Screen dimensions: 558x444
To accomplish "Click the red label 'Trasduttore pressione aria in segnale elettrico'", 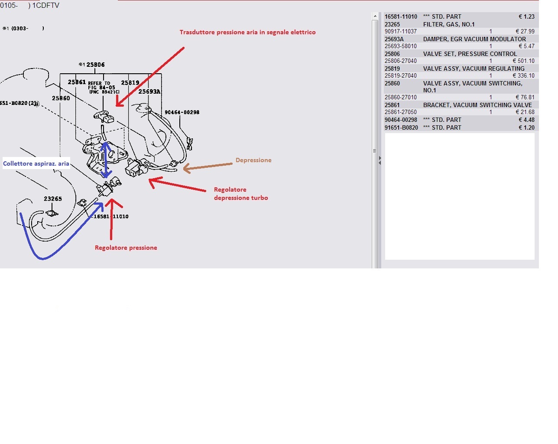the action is (x=247, y=32).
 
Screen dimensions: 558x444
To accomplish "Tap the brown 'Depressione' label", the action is (x=253, y=160).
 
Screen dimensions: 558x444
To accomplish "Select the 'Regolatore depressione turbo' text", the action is (x=241, y=193).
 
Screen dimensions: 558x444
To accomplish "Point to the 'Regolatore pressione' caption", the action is (x=126, y=248).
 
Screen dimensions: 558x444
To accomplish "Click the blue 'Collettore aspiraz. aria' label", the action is (x=36, y=163).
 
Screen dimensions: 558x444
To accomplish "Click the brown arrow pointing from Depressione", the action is (x=208, y=166).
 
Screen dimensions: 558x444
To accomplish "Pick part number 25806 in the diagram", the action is (x=95, y=65).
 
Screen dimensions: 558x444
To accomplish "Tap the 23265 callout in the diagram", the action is (x=52, y=199).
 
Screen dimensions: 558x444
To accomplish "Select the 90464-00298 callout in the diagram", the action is (x=182, y=112).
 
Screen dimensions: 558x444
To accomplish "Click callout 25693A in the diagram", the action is (x=149, y=91).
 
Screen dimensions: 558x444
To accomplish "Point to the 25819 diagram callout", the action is (x=130, y=82).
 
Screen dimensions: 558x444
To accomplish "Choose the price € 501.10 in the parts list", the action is (x=523, y=61).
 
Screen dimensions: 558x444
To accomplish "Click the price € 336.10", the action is (x=523, y=75).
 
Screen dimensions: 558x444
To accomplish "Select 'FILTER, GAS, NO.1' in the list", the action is (x=449, y=24).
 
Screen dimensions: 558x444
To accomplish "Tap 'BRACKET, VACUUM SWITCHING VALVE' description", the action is (x=477, y=105).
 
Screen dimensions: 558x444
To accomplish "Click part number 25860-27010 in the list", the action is (x=401, y=97).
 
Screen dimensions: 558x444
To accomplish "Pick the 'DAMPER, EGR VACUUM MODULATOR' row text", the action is (x=474, y=39).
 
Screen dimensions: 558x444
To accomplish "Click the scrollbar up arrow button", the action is (x=375, y=16).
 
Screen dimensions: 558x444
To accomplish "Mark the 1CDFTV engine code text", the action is (x=45, y=6).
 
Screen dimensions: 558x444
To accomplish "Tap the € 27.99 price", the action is (x=525, y=31).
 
